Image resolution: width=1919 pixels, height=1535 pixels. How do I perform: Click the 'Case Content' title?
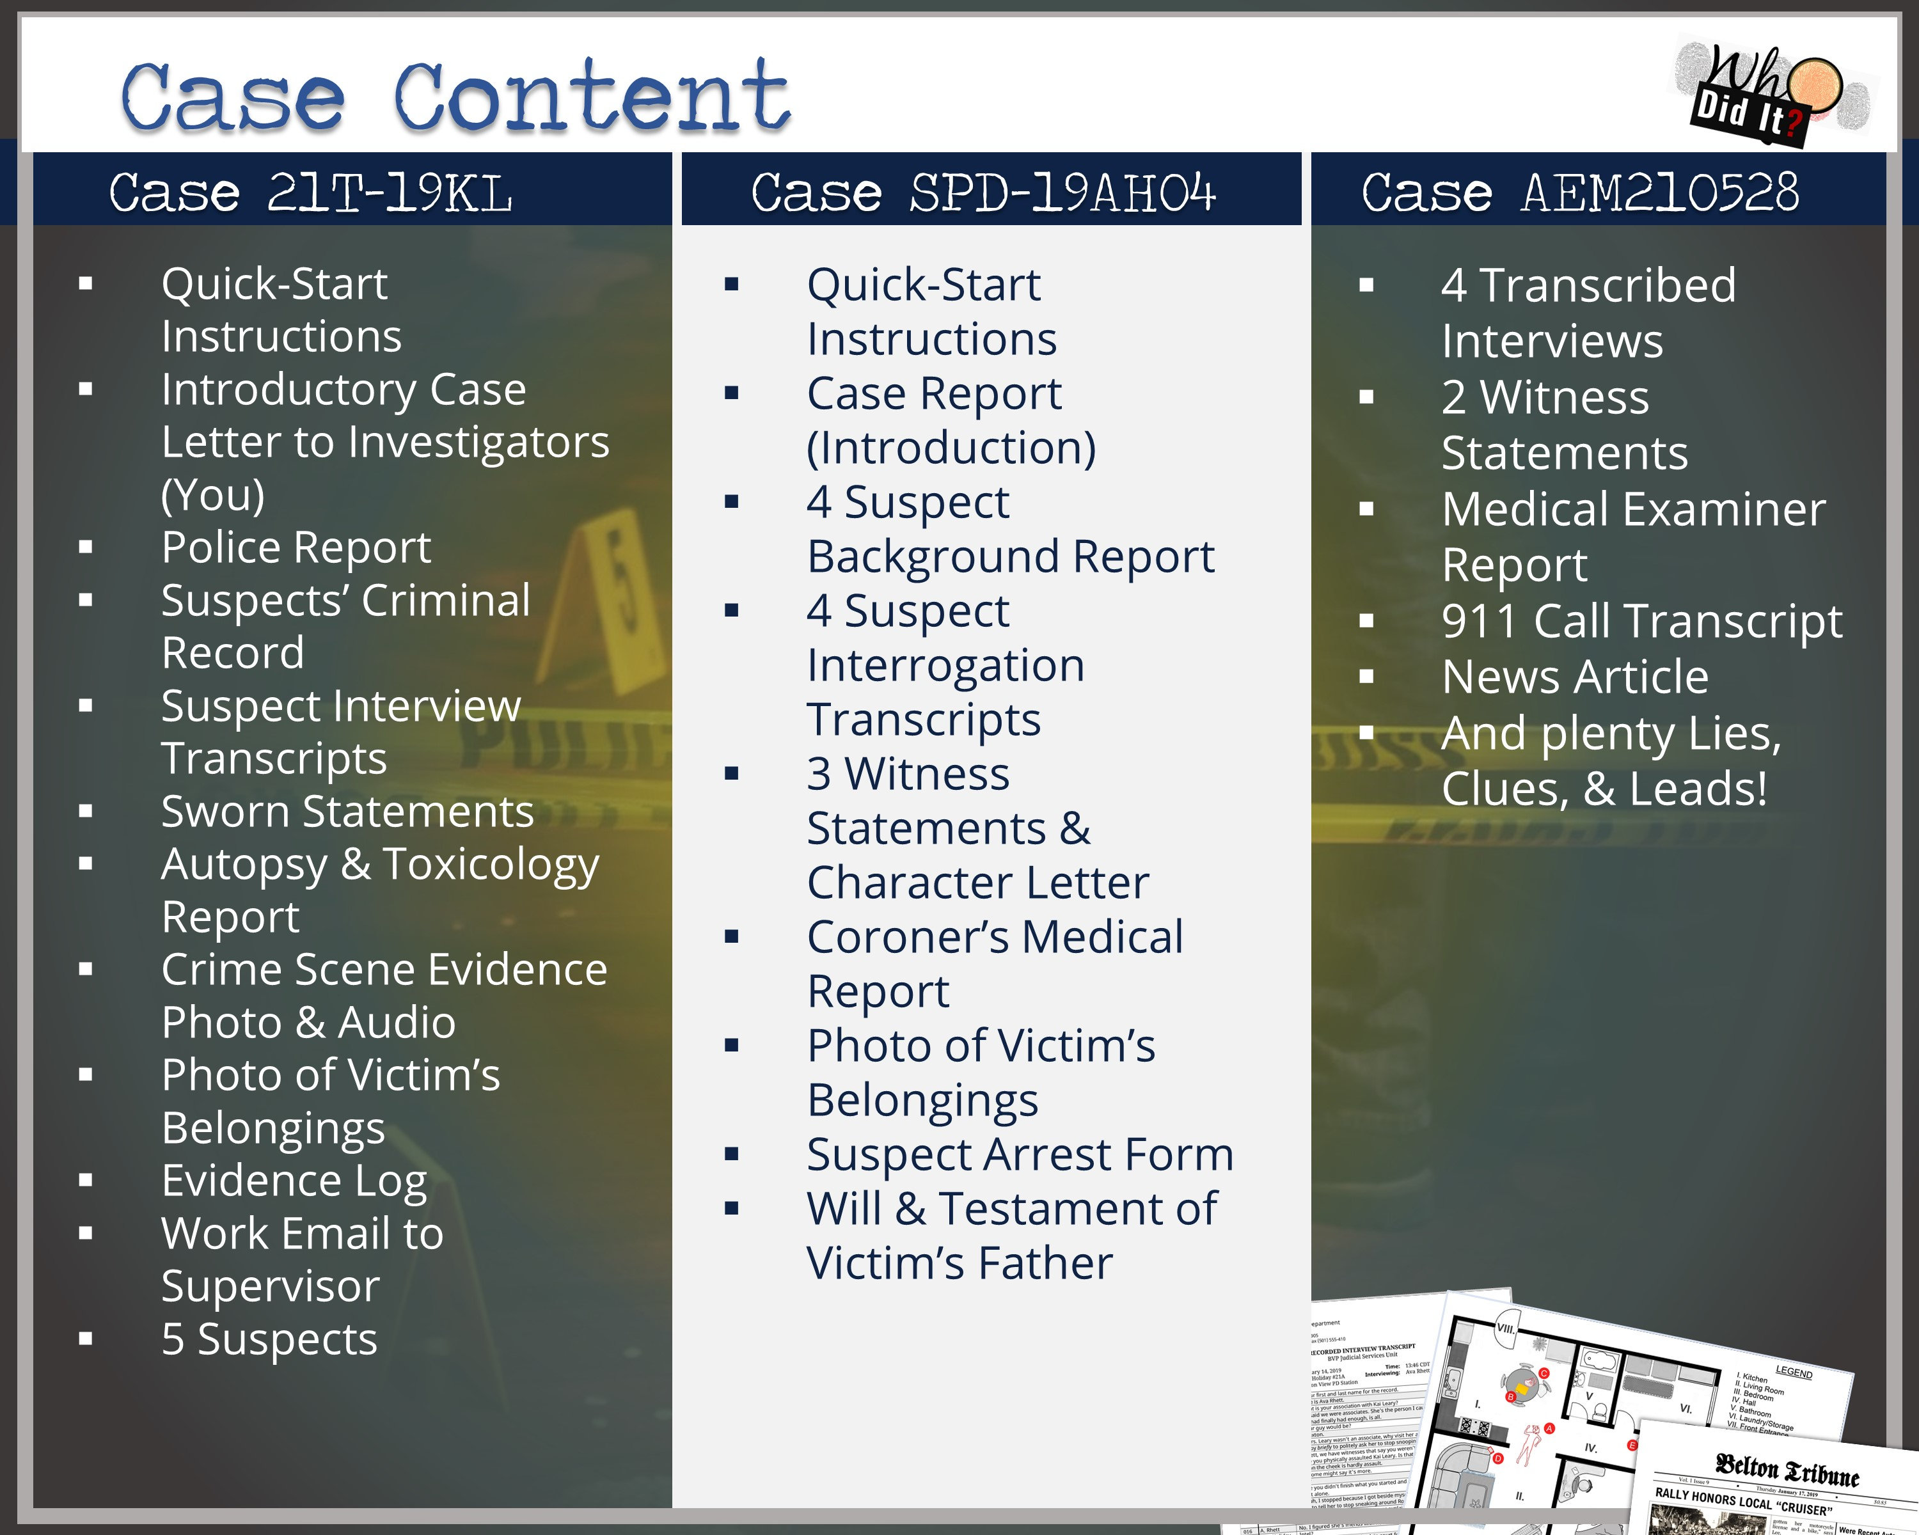coord(455,98)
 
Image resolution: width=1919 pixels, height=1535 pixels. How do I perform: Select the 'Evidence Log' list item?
coord(294,1181)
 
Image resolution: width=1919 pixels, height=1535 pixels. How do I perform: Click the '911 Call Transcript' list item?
coord(1641,621)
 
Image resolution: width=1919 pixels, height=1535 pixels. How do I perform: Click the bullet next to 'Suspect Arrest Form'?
coord(732,1155)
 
